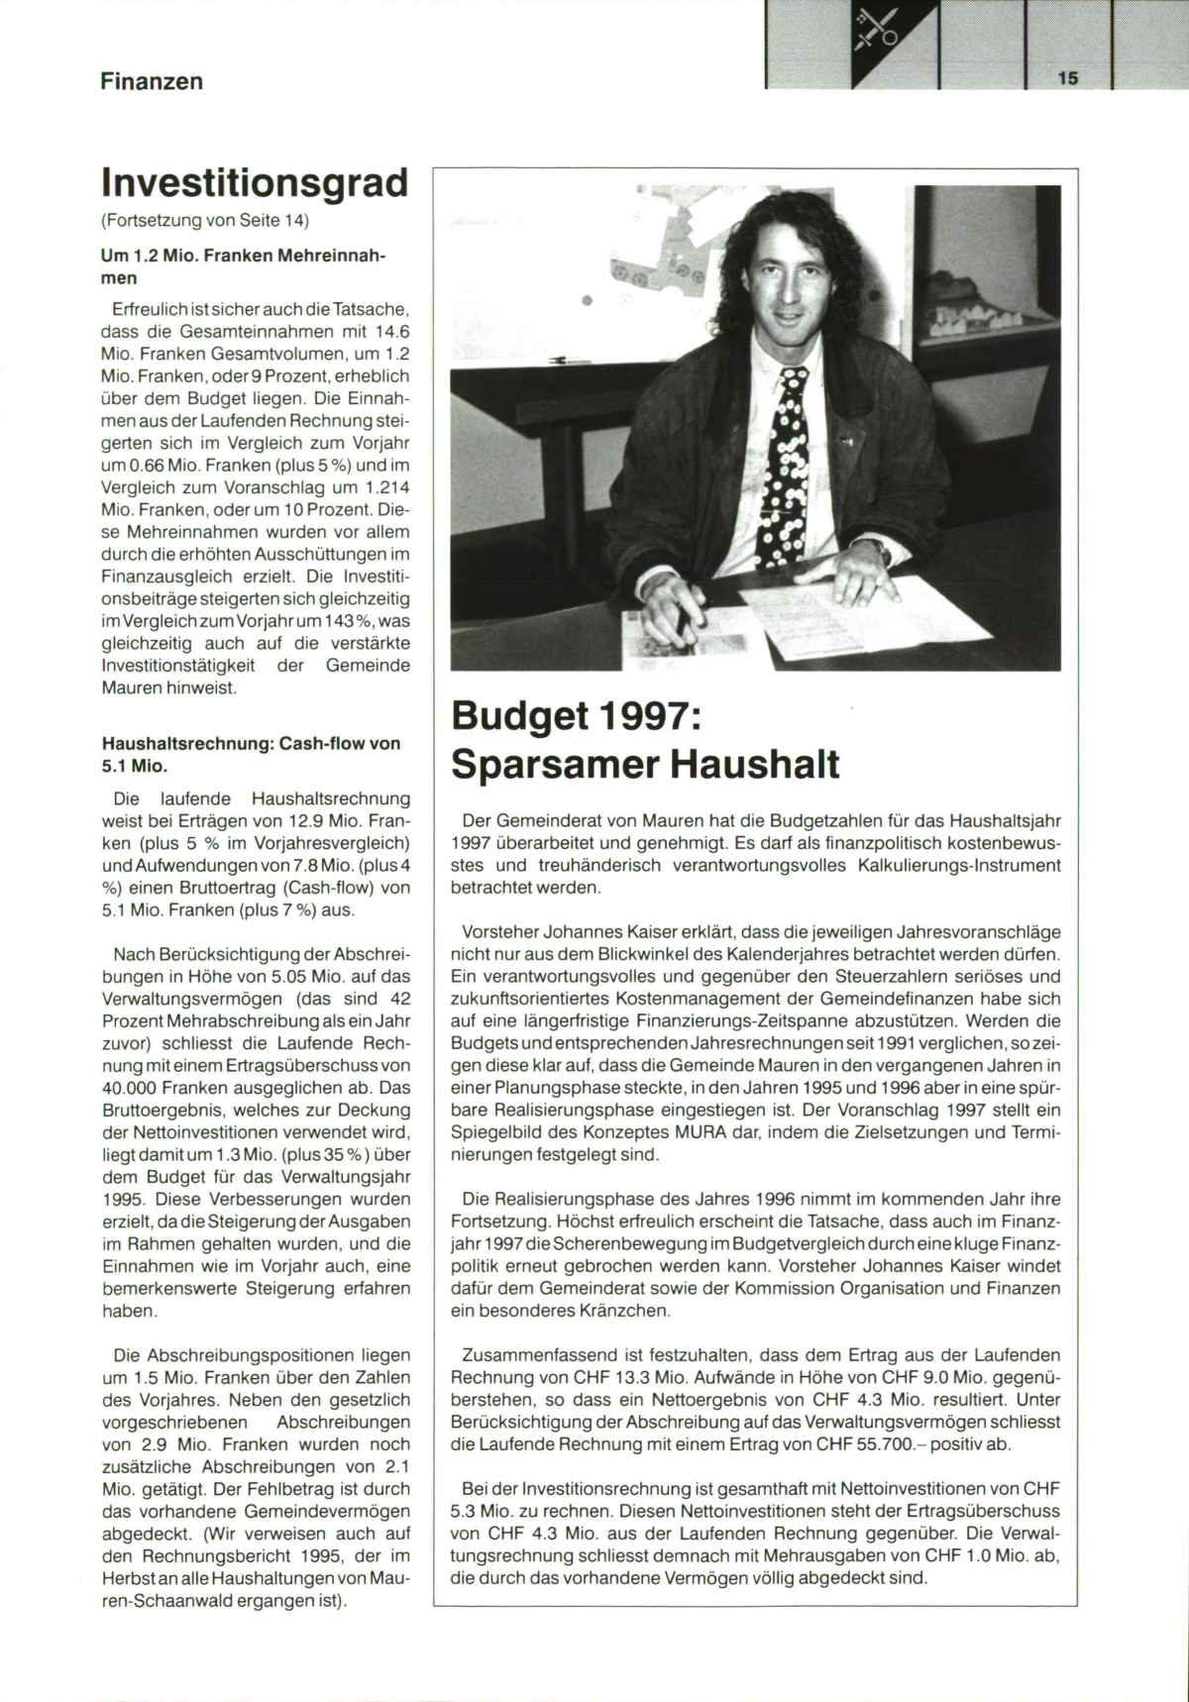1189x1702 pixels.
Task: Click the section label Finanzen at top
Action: (x=152, y=81)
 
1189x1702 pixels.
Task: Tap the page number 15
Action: (x=1067, y=78)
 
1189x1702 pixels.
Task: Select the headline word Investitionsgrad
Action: (x=254, y=183)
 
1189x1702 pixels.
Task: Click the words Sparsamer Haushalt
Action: (x=645, y=765)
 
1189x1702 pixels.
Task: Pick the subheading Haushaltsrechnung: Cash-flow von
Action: (x=251, y=743)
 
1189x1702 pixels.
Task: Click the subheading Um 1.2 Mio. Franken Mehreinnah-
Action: (x=242, y=257)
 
